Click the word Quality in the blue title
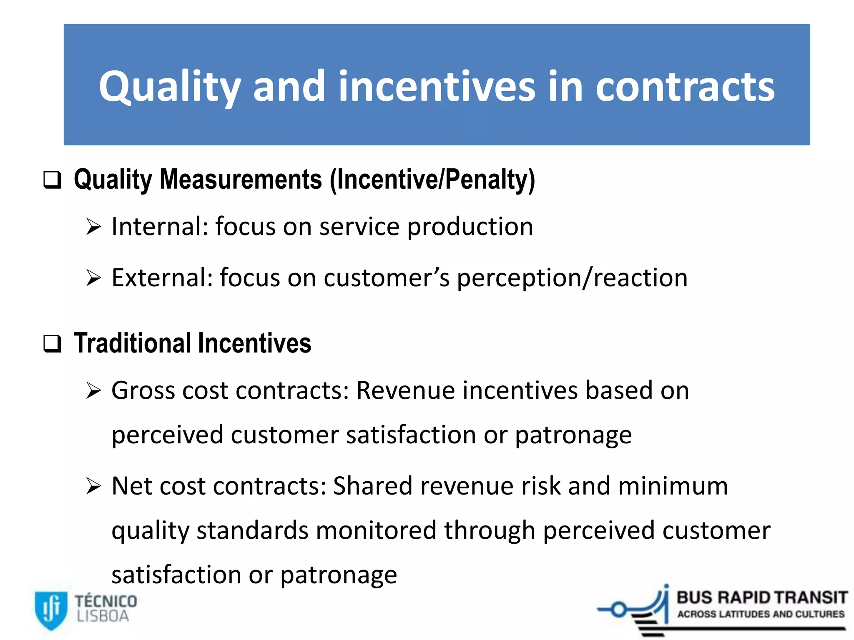[x=169, y=87]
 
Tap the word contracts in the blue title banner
[x=685, y=87]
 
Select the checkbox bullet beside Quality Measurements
[x=53, y=180]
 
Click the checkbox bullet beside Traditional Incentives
[x=53, y=344]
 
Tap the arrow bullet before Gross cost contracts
[x=93, y=391]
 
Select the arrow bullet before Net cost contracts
[x=93, y=486]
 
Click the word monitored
[x=377, y=531]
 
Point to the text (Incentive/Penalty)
[x=432, y=180]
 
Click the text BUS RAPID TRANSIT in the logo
[x=761, y=598]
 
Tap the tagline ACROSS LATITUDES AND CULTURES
[x=761, y=614]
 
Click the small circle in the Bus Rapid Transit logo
[x=619, y=610]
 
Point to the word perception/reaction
[x=572, y=278]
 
